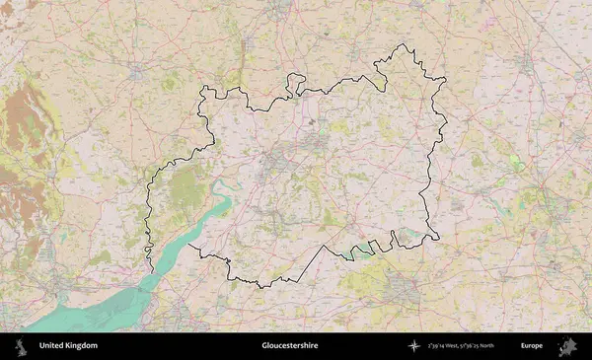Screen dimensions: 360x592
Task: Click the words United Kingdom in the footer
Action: [x=68, y=346]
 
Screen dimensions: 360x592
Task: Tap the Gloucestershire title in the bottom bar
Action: [x=290, y=346]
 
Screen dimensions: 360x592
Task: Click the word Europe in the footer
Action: [x=532, y=346]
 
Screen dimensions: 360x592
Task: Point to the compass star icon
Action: [x=412, y=346]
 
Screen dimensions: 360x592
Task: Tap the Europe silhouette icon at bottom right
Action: [x=567, y=346]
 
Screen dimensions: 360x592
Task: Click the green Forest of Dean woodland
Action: [x=183, y=187]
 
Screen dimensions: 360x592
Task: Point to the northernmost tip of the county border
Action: [x=401, y=45]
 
